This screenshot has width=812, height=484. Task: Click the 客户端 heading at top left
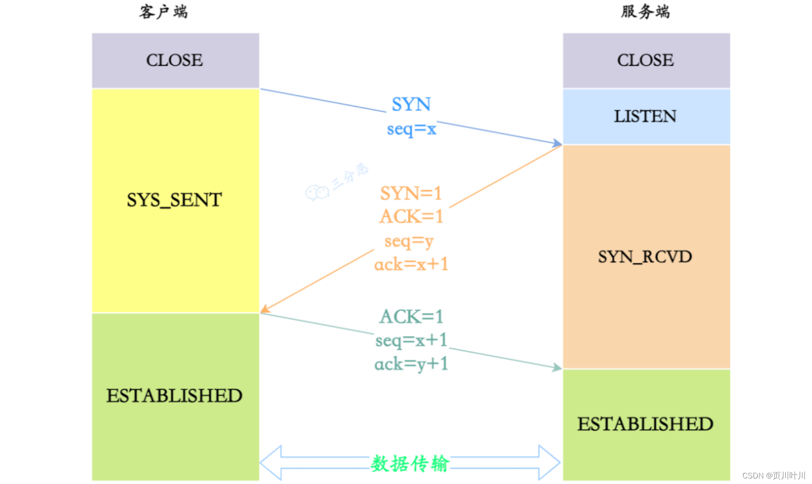click(x=163, y=12)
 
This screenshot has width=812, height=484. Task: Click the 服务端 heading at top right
click(x=645, y=12)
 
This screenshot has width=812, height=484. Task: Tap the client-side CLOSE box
click(x=175, y=60)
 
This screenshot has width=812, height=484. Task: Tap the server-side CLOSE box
click(x=646, y=60)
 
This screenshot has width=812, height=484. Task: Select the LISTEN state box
click(x=646, y=116)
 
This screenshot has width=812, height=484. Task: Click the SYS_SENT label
click(x=174, y=200)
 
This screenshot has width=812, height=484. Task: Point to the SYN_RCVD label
click(x=645, y=257)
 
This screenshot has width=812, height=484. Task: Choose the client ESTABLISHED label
click(x=174, y=396)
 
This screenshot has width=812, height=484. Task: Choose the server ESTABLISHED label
click(x=645, y=424)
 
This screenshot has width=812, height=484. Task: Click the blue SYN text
click(x=411, y=104)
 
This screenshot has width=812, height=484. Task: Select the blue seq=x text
click(x=412, y=129)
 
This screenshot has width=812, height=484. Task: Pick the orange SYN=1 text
click(x=411, y=194)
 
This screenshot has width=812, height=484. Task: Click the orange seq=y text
click(x=409, y=241)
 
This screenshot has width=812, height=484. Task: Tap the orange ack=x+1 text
click(x=411, y=265)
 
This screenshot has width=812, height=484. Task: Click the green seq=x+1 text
click(x=411, y=340)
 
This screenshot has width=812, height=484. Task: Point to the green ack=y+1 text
click(x=411, y=364)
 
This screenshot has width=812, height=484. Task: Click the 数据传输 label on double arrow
click(x=410, y=463)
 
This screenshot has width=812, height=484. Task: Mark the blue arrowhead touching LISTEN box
click(x=557, y=143)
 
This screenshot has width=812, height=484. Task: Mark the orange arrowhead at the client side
click(x=264, y=309)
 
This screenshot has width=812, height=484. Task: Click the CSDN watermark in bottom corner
click(x=773, y=476)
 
